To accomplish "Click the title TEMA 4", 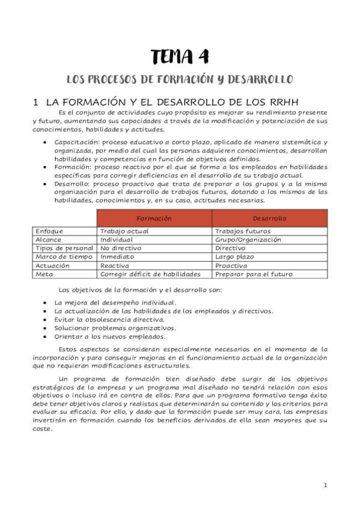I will (x=180, y=57).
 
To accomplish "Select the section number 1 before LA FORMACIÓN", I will (x=35, y=102).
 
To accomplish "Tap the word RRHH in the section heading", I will (x=282, y=102).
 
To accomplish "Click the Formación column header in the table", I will (x=154, y=218).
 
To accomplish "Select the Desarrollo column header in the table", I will (x=269, y=218).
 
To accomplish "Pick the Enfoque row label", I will (x=49, y=231).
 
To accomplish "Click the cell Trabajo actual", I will (x=124, y=231).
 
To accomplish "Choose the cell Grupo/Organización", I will (x=248, y=239).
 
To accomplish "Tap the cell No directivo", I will (x=121, y=248).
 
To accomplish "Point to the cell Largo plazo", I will (x=234, y=256).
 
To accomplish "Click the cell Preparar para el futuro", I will (x=254, y=274).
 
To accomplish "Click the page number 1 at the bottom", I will (x=325, y=485).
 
